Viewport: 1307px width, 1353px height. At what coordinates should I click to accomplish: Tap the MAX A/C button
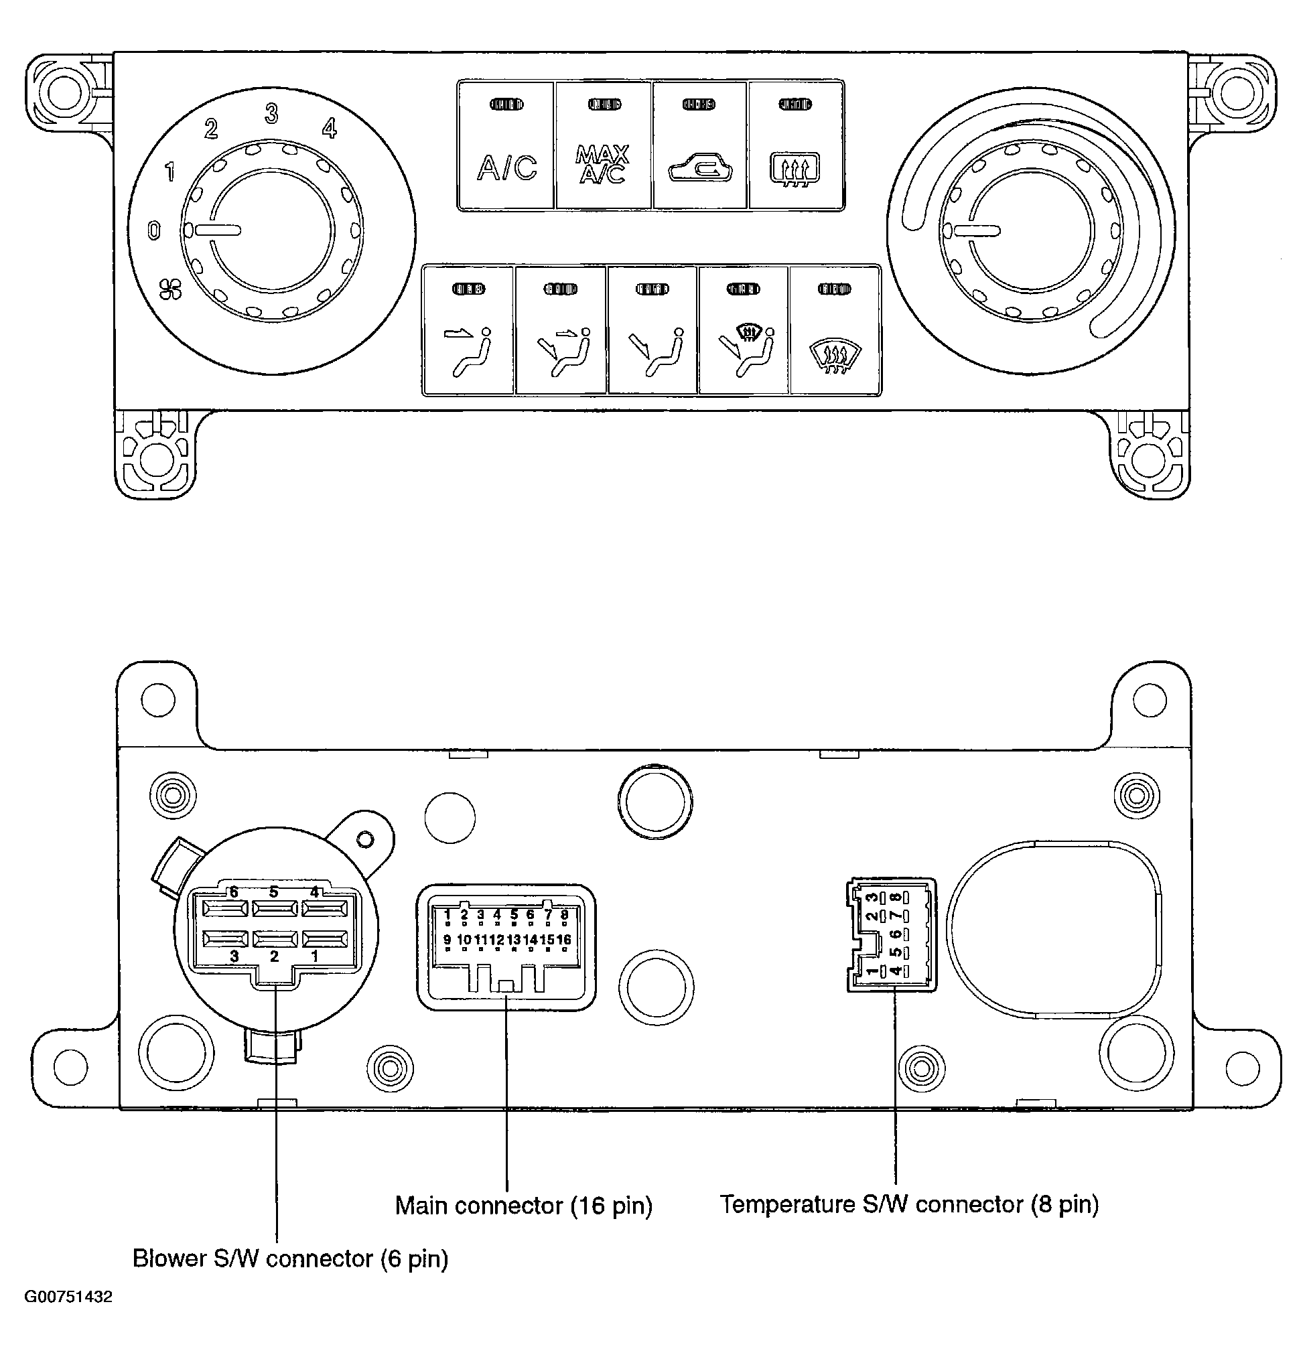(x=603, y=145)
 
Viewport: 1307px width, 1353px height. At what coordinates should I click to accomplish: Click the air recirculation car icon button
(x=699, y=145)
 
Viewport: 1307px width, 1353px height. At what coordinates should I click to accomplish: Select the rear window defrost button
(x=796, y=145)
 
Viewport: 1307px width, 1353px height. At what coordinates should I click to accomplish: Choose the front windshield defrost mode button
(x=835, y=331)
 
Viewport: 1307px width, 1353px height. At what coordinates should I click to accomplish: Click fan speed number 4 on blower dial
(x=330, y=128)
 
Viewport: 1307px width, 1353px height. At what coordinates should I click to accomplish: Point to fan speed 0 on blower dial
(x=154, y=230)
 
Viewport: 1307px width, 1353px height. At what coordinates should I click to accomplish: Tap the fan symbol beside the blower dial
(x=170, y=290)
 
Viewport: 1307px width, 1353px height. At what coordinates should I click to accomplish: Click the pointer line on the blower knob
(x=217, y=230)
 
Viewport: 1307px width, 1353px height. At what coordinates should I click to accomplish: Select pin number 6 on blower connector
(x=234, y=893)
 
